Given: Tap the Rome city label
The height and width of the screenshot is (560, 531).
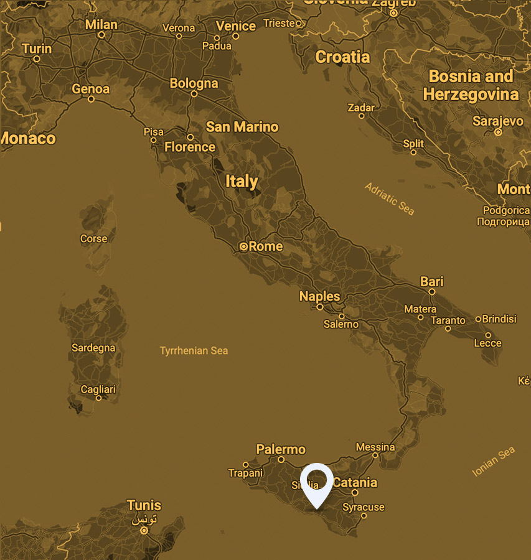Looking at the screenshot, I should (x=266, y=246).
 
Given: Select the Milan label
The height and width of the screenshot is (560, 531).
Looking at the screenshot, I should (x=101, y=24).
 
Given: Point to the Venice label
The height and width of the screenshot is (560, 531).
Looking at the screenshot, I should (x=236, y=26).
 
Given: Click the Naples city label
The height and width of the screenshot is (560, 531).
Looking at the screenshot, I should (x=319, y=296).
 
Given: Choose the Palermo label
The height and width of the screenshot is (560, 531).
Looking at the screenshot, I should (x=281, y=449).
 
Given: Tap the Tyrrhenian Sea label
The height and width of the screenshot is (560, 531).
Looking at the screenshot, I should (x=194, y=351).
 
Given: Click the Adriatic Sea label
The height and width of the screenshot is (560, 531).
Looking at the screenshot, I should (x=390, y=198).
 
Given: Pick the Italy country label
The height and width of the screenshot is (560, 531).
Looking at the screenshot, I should (x=242, y=181).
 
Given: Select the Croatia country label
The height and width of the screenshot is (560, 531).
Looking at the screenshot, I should (x=342, y=57).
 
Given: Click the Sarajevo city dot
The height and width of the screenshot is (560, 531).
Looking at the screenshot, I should (x=497, y=132).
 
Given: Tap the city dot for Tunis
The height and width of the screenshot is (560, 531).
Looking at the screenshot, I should (x=144, y=531).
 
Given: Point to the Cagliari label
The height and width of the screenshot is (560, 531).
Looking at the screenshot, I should (x=98, y=390).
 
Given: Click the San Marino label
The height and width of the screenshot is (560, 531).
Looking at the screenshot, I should (x=242, y=127).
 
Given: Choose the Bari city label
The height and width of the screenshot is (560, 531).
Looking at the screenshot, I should (x=431, y=282).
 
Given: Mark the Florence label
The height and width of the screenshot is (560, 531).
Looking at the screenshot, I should (x=190, y=147).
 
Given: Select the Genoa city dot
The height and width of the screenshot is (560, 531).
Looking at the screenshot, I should (x=91, y=99).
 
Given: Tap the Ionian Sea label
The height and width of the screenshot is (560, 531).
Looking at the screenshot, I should (x=494, y=463).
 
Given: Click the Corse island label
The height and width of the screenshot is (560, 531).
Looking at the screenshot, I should (x=93, y=238).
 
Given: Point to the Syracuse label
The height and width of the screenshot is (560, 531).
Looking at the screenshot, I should (x=364, y=507).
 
